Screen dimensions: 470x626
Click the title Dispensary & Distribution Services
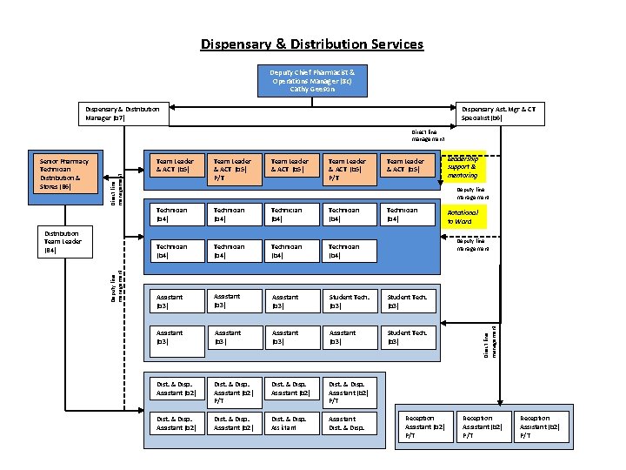tap(312, 44)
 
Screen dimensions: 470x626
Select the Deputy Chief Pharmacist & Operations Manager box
tap(312, 79)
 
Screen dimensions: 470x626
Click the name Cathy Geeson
tap(312, 89)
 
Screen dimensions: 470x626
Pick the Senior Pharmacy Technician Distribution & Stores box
tap(69, 174)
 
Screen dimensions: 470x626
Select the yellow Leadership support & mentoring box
tap(465, 169)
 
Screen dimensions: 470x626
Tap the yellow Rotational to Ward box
tap(463, 217)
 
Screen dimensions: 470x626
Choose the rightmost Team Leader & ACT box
tap(407, 164)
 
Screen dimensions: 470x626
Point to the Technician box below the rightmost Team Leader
tap(407, 214)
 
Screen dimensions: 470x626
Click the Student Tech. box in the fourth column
tap(349, 301)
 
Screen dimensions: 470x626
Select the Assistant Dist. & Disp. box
tap(349, 423)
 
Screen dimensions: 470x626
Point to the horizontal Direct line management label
tap(428, 135)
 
